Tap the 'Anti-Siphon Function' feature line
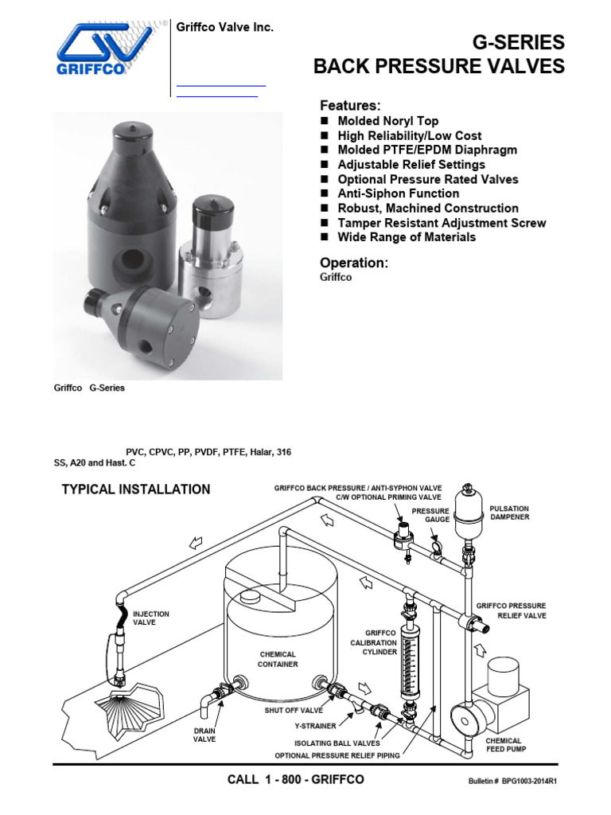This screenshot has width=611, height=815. tap(398, 193)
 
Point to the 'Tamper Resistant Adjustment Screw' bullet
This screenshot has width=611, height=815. tap(442, 223)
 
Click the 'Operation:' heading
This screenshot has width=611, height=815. tap(353, 263)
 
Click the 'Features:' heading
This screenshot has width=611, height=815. tap(350, 105)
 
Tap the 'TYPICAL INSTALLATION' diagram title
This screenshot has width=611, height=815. tap(136, 489)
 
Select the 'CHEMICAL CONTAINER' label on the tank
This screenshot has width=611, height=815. tap(278, 659)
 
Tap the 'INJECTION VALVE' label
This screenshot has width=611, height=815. tap(150, 618)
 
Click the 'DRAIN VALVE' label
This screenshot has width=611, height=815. tap(204, 734)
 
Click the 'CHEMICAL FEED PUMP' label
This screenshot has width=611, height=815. tap(506, 744)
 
